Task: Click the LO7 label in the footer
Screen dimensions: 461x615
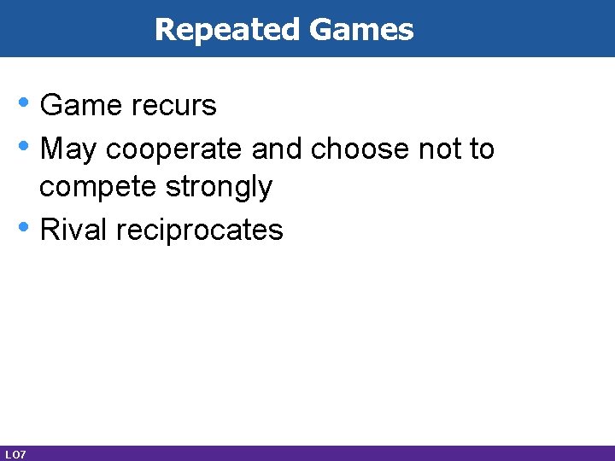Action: (15, 454)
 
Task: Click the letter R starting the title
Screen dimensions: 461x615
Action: (164, 30)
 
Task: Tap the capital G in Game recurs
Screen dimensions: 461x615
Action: (51, 106)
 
